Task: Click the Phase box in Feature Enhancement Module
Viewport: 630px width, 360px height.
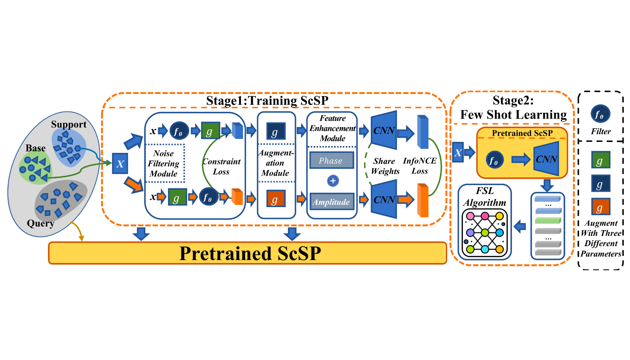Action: [x=331, y=161]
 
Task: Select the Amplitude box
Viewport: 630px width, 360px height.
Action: [x=331, y=202]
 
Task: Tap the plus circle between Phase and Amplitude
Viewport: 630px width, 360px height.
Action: [x=333, y=181]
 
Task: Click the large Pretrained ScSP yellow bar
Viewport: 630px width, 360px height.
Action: [x=248, y=253]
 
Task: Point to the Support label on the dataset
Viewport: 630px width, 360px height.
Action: [x=69, y=124]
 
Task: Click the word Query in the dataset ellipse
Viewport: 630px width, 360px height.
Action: [x=41, y=223]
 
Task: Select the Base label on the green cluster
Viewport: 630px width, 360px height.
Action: [x=36, y=148]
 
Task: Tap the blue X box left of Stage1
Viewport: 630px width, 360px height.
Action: [x=120, y=164]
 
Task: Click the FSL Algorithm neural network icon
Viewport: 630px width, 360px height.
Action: [x=485, y=233]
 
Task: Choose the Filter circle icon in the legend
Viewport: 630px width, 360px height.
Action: [x=600, y=114]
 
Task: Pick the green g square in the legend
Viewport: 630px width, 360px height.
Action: [x=600, y=161]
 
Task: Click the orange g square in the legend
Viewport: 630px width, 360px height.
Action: [x=600, y=207]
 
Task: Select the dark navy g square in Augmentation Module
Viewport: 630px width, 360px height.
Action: [x=275, y=132]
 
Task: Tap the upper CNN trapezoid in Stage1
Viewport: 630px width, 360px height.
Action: [x=384, y=130]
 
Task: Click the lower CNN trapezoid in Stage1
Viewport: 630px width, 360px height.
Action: [x=384, y=199]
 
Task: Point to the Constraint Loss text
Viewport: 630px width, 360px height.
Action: [x=221, y=166]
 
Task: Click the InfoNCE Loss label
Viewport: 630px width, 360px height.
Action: [x=420, y=166]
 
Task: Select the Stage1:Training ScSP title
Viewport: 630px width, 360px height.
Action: [x=267, y=100]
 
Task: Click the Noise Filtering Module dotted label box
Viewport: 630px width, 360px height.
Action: [x=165, y=163]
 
